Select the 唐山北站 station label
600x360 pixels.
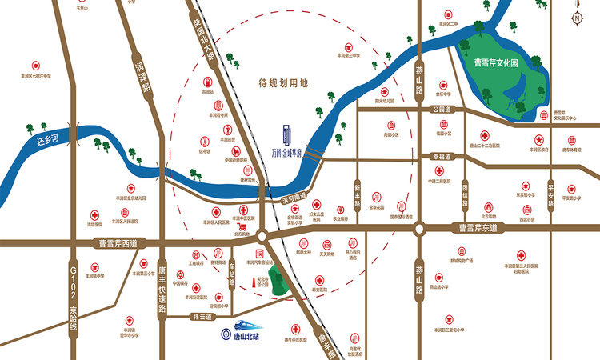click(x=244, y=336)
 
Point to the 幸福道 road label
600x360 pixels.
click(x=442, y=157)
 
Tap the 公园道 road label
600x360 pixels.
click(x=441, y=109)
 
